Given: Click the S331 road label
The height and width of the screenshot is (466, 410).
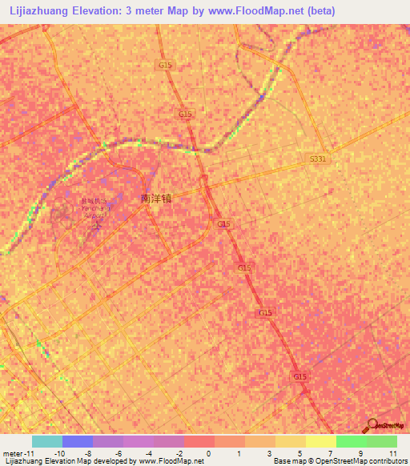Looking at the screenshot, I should click(x=318, y=160).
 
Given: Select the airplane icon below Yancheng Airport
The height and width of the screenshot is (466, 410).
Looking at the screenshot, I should click(x=98, y=227).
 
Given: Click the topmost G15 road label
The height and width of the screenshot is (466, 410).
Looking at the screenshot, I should click(x=166, y=65).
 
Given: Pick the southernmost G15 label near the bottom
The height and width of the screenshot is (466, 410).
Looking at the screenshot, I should click(x=299, y=376).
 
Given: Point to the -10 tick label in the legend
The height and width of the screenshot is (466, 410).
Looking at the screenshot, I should click(x=59, y=453).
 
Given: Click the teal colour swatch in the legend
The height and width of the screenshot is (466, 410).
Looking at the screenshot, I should click(x=47, y=441).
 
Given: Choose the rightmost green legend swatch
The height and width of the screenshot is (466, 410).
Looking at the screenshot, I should click(x=382, y=441).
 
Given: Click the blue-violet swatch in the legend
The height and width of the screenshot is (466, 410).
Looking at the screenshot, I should click(x=78, y=441).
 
